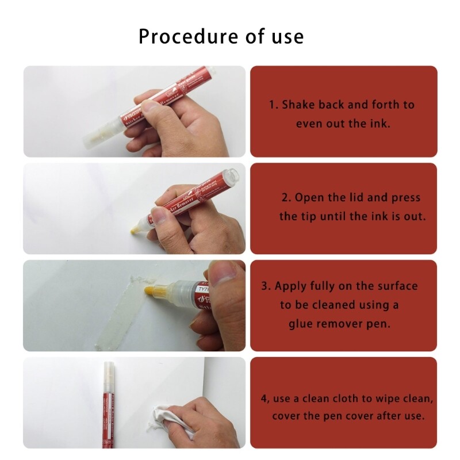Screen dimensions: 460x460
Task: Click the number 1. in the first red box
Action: point(274,105)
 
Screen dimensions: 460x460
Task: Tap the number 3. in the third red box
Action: point(266,286)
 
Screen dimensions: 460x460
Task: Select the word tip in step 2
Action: point(319,216)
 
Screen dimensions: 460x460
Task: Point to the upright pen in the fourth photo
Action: point(107,402)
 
